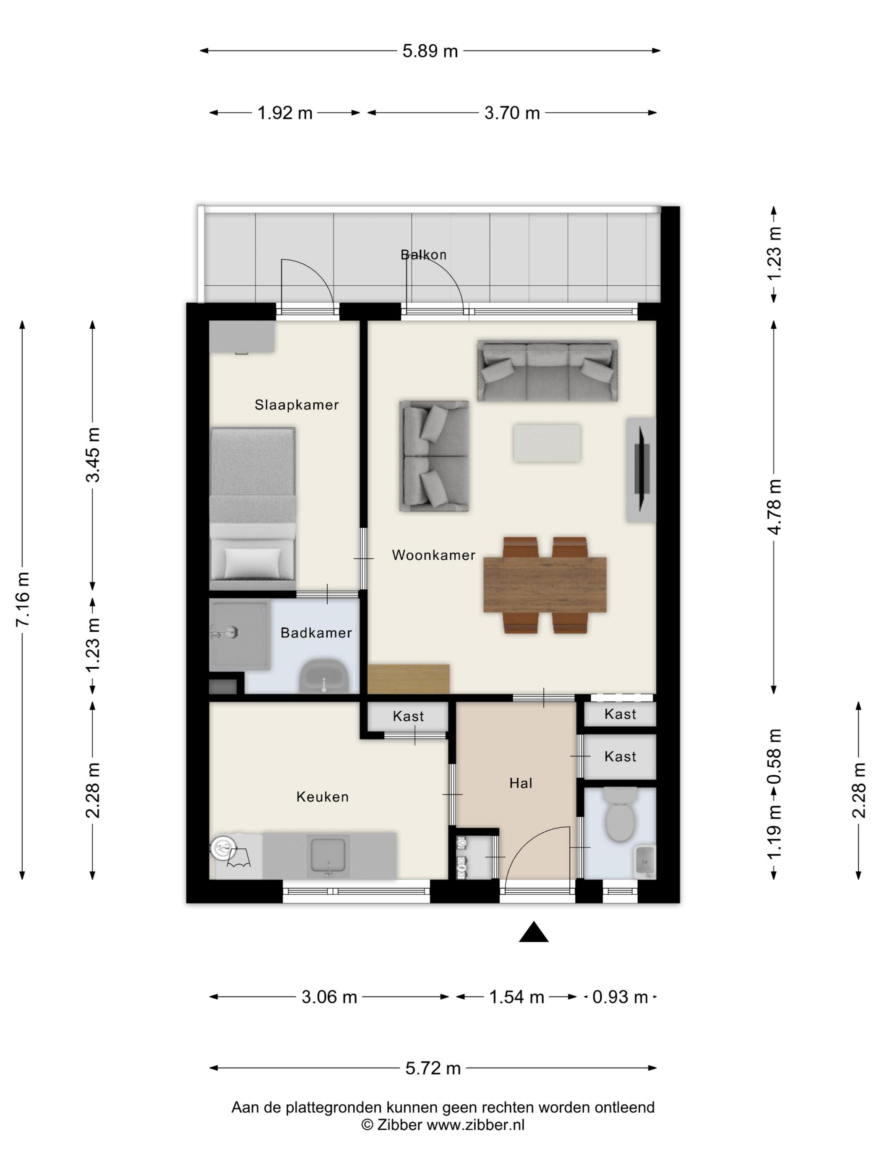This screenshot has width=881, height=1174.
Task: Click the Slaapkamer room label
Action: click(296, 405)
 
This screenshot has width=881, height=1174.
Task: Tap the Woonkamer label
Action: click(433, 555)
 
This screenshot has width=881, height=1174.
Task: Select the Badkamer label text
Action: click(316, 633)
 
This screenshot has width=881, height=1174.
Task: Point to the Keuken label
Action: click(322, 797)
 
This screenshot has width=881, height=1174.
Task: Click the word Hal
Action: click(521, 783)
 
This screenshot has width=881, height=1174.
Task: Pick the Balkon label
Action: click(423, 255)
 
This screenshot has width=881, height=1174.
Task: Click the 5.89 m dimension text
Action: click(430, 51)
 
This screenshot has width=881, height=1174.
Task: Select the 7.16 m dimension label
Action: click(24, 599)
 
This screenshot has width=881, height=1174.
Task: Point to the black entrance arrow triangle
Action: click(533, 932)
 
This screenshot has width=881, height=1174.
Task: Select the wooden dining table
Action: click(545, 584)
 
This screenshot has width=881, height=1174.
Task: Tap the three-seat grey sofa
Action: click(547, 371)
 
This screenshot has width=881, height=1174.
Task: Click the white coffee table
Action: click(547, 443)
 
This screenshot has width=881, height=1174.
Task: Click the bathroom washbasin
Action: click(324, 676)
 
